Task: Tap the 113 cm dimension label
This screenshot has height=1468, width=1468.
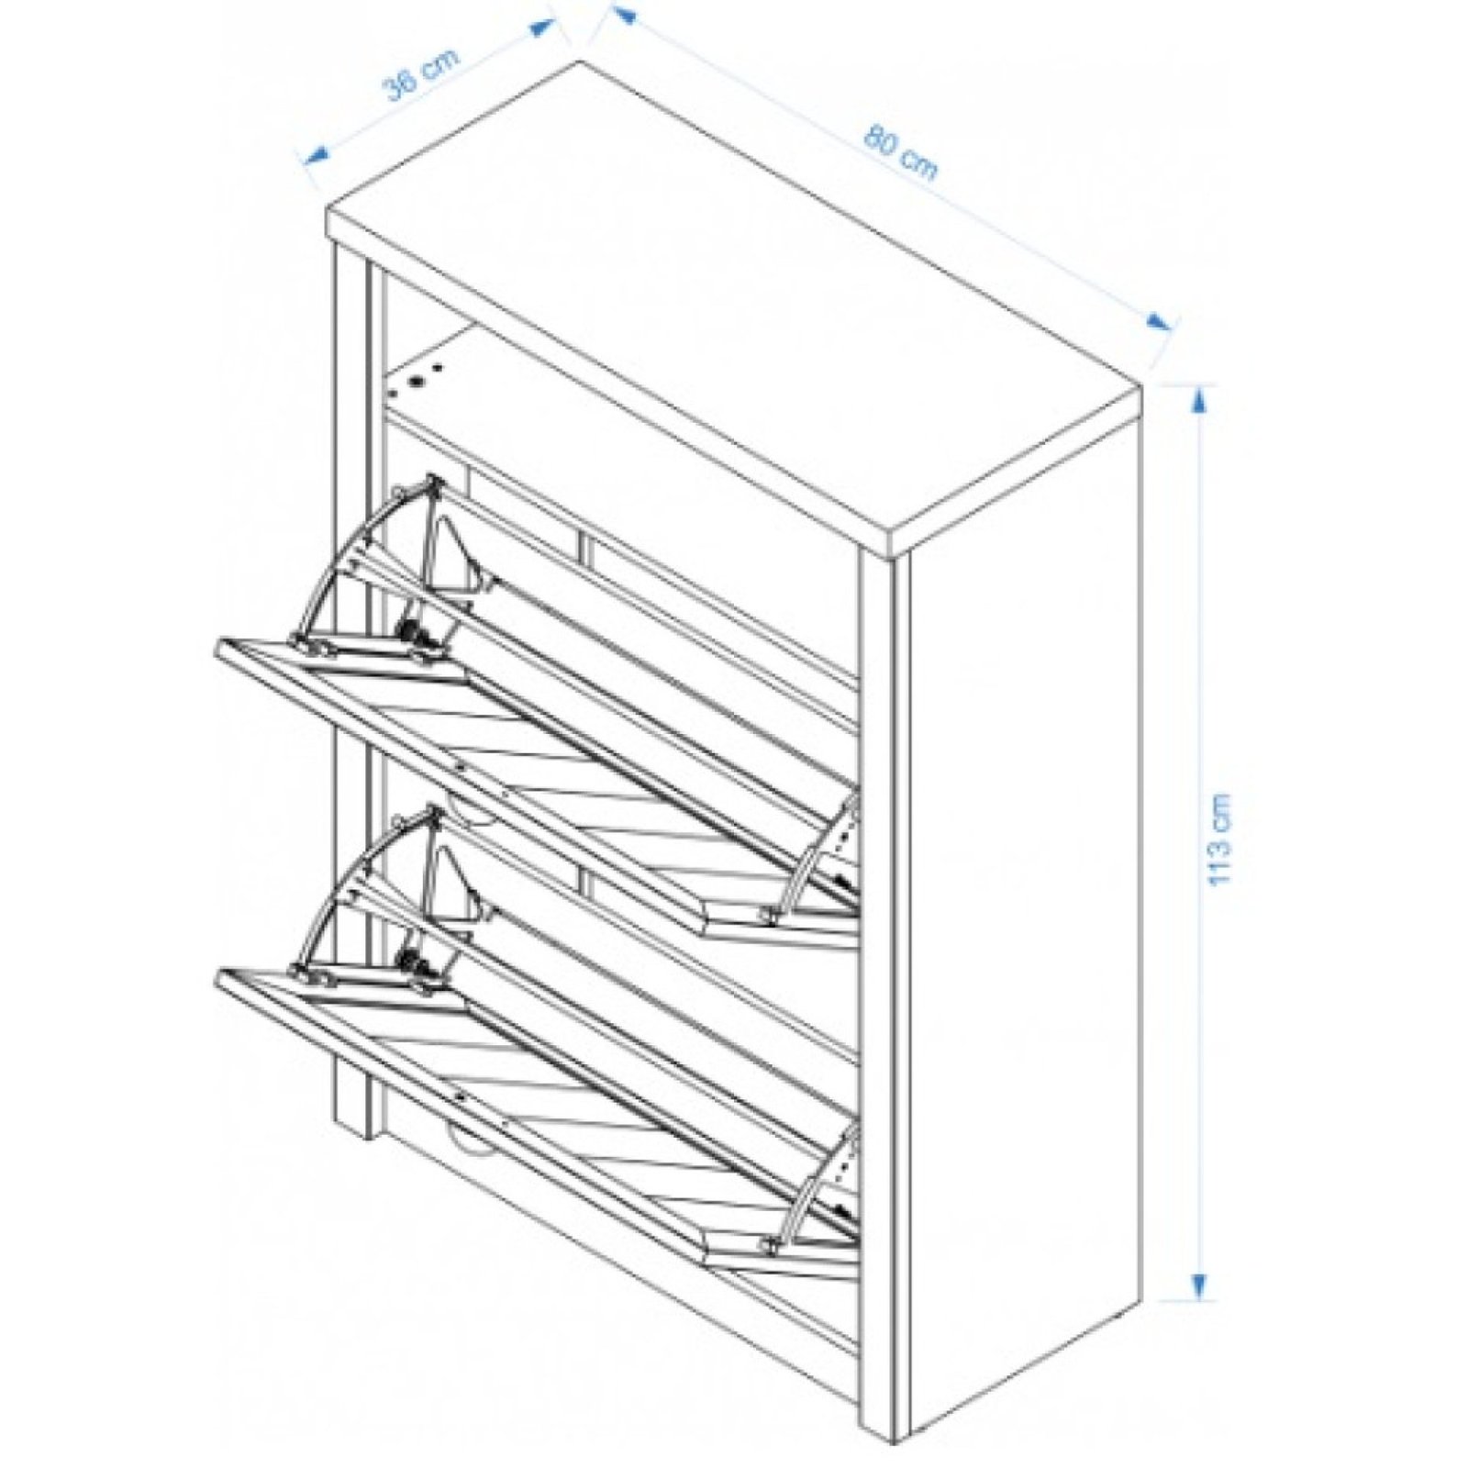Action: (1220, 839)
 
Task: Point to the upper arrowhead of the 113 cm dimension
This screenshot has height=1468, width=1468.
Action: (1200, 401)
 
